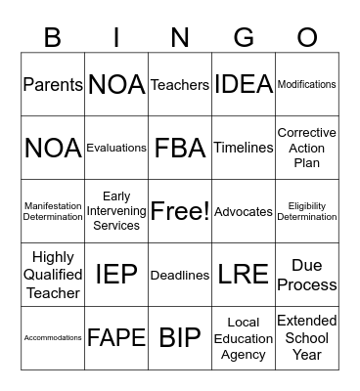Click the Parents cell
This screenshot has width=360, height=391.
tap(53, 85)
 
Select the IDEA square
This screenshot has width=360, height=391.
tap(244, 85)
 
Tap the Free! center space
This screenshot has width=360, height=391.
tap(180, 211)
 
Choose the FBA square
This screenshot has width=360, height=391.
tap(180, 148)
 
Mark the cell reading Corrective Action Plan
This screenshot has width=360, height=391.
tap(307, 148)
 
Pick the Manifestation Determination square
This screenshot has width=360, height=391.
tap(53, 211)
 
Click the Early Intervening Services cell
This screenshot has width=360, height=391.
tap(116, 211)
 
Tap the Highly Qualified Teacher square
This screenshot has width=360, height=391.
tap(53, 275)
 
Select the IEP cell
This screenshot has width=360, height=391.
tap(116, 275)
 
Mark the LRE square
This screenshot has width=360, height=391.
tap(244, 275)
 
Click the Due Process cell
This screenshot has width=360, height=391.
tap(307, 275)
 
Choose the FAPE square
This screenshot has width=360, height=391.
tap(116, 338)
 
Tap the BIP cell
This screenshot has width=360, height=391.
tap(180, 338)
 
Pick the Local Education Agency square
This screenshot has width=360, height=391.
tap(244, 338)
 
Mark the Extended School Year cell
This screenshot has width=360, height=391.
tap(307, 338)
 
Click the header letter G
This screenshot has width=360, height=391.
tap(244, 37)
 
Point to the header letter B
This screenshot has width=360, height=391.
tap(53, 37)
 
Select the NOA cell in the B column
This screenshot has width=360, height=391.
tap(53, 148)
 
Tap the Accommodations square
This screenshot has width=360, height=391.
tap(53, 338)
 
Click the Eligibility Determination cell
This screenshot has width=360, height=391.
tap(307, 211)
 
